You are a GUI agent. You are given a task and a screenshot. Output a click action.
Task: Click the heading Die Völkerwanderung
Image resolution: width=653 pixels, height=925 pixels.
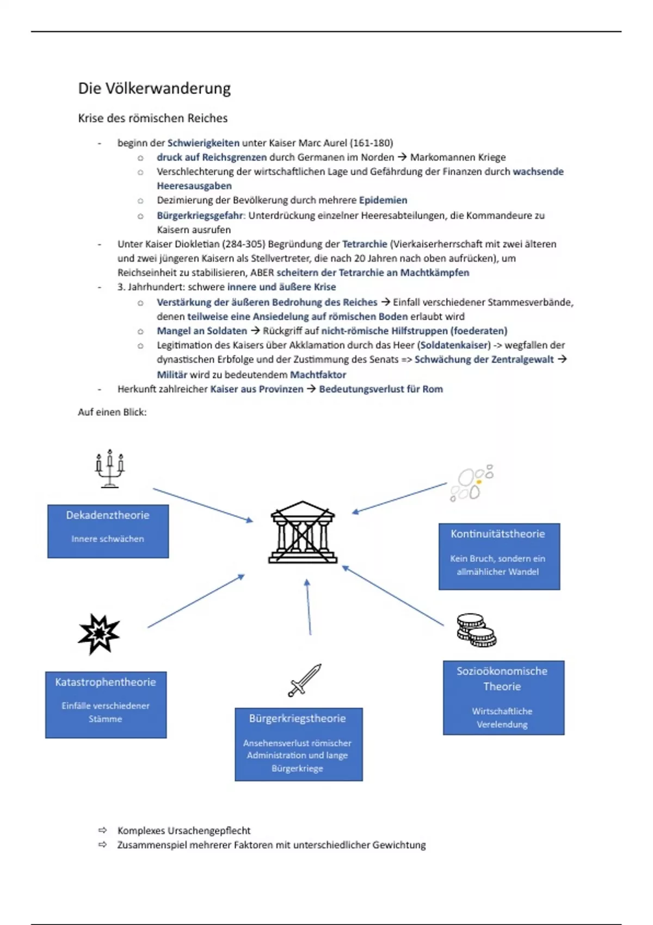(x=154, y=88)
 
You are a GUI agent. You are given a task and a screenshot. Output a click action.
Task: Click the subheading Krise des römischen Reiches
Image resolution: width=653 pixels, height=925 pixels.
(x=152, y=118)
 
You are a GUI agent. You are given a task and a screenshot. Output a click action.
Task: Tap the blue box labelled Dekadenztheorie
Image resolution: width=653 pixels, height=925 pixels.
(x=108, y=531)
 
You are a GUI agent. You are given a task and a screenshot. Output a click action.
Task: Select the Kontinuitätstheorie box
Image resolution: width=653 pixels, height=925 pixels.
(x=499, y=556)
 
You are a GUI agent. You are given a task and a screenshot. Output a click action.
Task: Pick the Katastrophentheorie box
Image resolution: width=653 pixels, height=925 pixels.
(x=106, y=704)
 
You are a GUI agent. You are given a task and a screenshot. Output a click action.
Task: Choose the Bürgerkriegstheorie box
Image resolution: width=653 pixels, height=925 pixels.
(x=298, y=744)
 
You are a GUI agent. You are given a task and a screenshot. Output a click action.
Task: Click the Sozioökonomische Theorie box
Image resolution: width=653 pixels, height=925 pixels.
(x=503, y=697)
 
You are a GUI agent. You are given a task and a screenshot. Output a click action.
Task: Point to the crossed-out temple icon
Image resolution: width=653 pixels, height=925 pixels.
(x=303, y=532)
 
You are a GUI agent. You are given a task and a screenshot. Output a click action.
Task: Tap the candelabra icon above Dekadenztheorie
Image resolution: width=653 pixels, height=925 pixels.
(x=110, y=468)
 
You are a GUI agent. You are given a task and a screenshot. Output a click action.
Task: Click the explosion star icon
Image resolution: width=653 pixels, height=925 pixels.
(x=98, y=633)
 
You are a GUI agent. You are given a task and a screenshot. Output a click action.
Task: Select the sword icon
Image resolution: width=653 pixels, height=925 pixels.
(x=305, y=680)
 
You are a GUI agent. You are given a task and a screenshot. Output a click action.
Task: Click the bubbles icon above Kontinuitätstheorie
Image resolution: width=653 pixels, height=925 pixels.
(x=471, y=483)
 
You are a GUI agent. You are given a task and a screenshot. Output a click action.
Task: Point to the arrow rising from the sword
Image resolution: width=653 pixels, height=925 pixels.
(x=309, y=607)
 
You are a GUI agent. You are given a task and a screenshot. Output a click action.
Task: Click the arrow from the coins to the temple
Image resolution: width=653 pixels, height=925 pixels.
(x=393, y=596)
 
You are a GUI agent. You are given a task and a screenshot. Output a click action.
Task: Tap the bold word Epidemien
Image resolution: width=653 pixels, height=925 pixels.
(x=383, y=200)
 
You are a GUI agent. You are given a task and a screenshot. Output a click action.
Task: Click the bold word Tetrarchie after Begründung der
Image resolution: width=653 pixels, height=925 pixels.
(x=365, y=244)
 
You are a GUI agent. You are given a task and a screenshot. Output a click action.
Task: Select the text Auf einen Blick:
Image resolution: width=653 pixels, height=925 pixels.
(x=112, y=412)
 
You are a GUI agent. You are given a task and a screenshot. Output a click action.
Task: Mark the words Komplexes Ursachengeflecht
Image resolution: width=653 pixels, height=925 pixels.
(x=184, y=830)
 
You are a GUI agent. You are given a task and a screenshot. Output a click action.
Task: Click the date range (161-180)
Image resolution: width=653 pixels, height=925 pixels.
(x=372, y=143)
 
